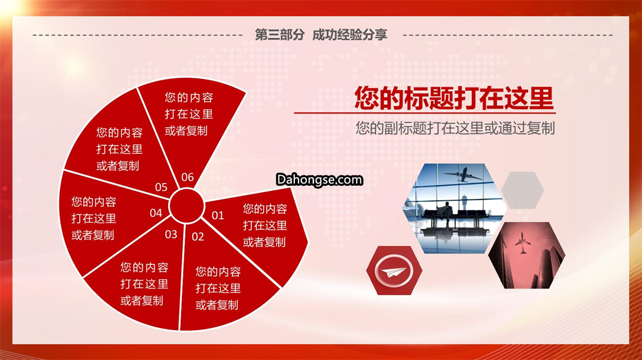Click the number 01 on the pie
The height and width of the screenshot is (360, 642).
(218, 215)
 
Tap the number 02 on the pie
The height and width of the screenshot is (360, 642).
(198, 236)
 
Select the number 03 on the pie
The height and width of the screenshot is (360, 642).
(171, 235)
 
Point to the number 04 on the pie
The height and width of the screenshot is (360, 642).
(156, 213)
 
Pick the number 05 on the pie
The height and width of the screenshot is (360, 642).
(161, 187)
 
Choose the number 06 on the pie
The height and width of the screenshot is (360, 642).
(187, 177)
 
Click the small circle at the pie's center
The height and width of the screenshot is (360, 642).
(186, 206)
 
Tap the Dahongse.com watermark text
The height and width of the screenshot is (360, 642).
(319, 179)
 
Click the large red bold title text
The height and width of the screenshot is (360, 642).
(454, 98)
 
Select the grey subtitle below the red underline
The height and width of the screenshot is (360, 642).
(455, 128)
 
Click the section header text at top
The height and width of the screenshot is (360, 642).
(321, 35)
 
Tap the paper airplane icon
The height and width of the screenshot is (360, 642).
(394, 271)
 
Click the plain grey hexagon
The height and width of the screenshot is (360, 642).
(523, 190)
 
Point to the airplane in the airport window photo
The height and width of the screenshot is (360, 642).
(464, 175)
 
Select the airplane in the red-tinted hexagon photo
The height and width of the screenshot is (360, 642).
(523, 243)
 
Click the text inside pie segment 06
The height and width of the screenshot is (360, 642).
(189, 114)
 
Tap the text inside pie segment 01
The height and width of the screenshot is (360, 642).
(265, 225)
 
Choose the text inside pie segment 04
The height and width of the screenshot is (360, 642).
(94, 219)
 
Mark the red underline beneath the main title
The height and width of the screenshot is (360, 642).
(424, 112)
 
